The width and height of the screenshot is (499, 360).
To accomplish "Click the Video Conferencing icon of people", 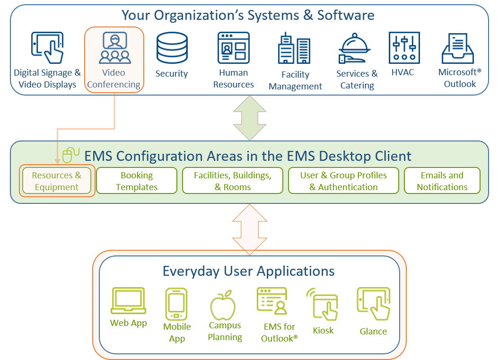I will point(114,48).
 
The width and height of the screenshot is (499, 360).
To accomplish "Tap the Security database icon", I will point(172,48).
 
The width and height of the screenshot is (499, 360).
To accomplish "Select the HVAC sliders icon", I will point(404,48).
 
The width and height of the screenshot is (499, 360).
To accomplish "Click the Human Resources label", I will point(233,79).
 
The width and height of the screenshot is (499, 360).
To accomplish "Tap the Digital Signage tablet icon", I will point(47,48).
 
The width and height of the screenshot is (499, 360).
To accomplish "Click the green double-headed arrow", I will point(250,117).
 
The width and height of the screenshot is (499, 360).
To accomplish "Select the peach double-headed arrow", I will point(250,229).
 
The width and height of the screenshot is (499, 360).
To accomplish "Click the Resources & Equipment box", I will point(57,181).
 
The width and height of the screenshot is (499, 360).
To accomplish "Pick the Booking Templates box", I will point(137,181).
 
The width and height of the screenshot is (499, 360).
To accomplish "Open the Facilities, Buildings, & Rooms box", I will point(233,181).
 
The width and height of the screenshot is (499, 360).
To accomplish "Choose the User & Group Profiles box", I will point(343,181).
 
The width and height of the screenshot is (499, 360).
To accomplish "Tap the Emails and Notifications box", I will point(442,181).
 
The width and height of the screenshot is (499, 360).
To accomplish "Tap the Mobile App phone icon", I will point(176,303).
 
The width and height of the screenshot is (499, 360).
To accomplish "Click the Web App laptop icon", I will point(128,301).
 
